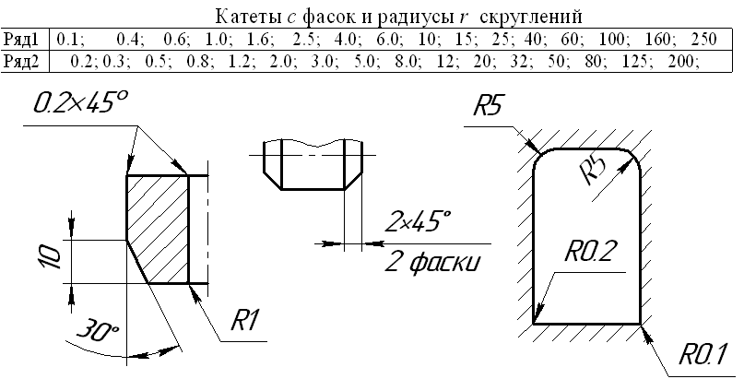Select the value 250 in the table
coord(703,40)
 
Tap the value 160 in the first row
coord(660,40)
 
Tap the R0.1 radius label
coord(705,353)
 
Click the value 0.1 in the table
coord(69,40)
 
